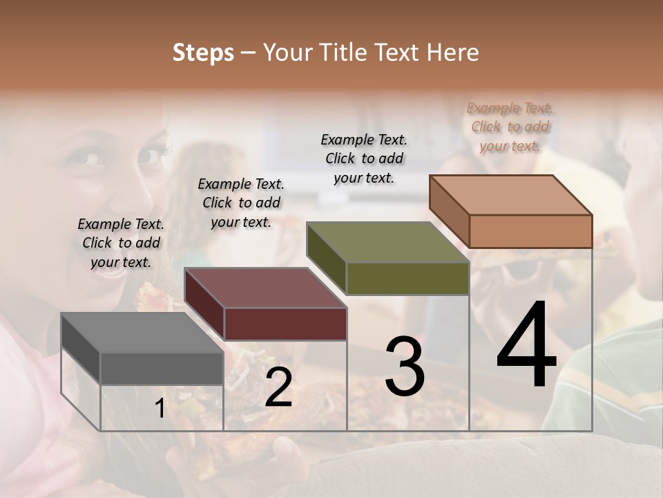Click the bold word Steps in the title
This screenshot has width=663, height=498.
pyautogui.click(x=203, y=53)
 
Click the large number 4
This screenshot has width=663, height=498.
pyautogui.click(x=526, y=346)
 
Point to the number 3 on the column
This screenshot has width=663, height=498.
pyautogui.click(x=404, y=367)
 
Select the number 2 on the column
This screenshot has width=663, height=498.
pyautogui.click(x=278, y=387)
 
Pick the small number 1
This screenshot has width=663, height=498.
pyautogui.click(x=160, y=409)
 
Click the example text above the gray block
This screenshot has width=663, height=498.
pyautogui.click(x=121, y=243)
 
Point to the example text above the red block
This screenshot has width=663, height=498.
pyautogui.click(x=241, y=203)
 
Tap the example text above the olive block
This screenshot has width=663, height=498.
pyautogui.click(x=364, y=158)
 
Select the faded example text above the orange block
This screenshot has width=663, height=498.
pyautogui.click(x=510, y=127)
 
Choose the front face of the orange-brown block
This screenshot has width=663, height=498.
pyautogui.click(x=530, y=230)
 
